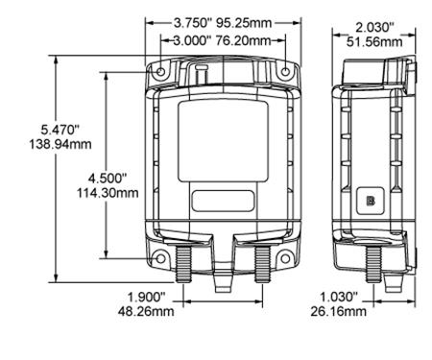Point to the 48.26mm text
click(x=146, y=312)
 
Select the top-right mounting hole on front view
click(x=284, y=73)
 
